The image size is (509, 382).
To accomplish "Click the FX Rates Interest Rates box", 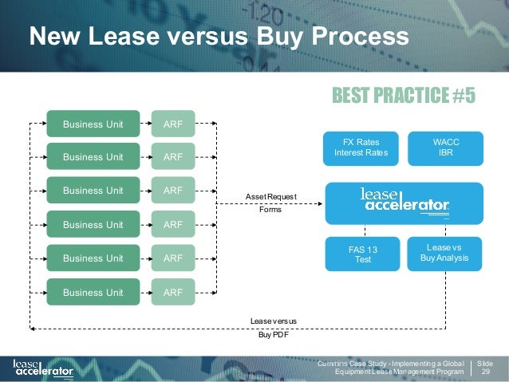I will coord(359,147).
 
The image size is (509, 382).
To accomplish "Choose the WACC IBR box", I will coord(445,147).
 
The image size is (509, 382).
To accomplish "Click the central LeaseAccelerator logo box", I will coord(404,203).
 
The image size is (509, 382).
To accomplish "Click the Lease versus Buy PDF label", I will coord(273,328).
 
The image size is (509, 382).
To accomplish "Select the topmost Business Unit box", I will coord(93,124).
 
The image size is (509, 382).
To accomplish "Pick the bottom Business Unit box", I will coord(93,293).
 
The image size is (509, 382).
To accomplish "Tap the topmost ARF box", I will coord(172,124).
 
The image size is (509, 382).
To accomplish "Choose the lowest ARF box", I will coord(172,293).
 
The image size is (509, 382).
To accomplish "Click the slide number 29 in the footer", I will coord(487,371).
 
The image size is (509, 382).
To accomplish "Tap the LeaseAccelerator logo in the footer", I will coord(43,368).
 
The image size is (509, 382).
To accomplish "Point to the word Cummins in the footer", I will coord(333,364).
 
